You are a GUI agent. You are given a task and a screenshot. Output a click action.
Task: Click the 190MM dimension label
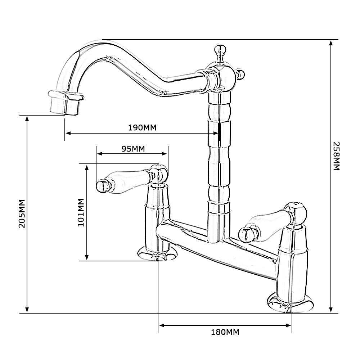143,128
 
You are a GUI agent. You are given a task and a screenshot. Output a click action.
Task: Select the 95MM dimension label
133,149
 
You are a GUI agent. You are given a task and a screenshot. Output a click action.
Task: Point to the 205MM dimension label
22,213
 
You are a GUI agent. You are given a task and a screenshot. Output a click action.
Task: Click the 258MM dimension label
336,156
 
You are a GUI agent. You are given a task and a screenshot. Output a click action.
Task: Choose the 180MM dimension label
225,332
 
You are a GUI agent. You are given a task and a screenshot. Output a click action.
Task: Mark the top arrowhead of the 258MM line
331,42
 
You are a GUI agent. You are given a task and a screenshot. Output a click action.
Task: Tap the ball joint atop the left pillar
159,173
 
